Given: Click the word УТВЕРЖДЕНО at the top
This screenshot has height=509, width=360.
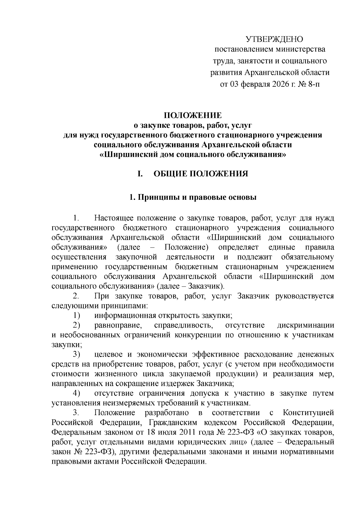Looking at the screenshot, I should pos(274,39).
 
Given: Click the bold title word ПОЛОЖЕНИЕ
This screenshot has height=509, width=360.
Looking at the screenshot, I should pos(192,116).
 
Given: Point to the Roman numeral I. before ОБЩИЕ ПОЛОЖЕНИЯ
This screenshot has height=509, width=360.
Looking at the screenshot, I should pos(139,174).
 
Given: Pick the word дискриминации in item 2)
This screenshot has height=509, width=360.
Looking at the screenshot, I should pos(305,325).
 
